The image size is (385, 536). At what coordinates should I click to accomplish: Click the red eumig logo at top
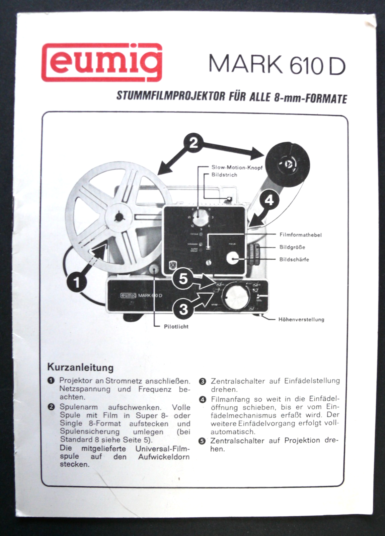[x=101, y=62]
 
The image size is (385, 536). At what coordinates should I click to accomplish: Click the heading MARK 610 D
[x=277, y=64]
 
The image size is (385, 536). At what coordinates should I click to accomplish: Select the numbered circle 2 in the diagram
[x=194, y=143]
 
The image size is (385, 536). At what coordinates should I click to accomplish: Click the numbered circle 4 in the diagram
[x=269, y=200]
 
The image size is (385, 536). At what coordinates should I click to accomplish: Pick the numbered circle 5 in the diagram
[x=183, y=278]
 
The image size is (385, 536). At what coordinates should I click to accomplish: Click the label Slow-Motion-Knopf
[x=237, y=167]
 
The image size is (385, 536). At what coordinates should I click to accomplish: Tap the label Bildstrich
[x=224, y=175]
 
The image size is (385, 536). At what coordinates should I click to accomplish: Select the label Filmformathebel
[x=300, y=235]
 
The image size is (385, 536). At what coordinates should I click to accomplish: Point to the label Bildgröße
[x=292, y=247]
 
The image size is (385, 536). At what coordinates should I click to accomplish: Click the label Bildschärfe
[x=294, y=259]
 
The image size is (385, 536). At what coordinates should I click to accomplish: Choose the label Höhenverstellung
[x=301, y=319]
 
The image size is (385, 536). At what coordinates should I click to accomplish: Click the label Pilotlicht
[x=176, y=326]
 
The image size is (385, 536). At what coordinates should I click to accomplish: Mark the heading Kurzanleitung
[x=80, y=367]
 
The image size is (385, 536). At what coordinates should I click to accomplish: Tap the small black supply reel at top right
[x=288, y=164]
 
